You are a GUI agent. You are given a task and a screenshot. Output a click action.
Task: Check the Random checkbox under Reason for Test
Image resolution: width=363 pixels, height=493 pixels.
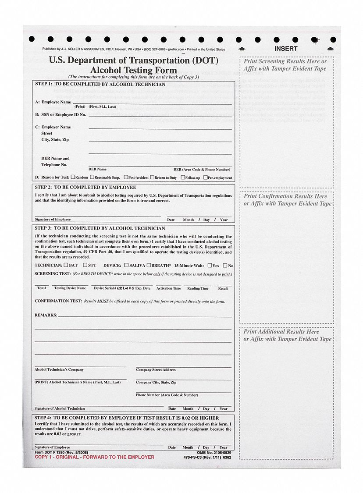(73, 177)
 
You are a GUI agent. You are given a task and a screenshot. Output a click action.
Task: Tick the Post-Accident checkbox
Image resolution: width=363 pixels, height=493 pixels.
(126, 177)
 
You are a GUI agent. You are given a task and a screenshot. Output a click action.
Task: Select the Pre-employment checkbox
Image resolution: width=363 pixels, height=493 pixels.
(206, 177)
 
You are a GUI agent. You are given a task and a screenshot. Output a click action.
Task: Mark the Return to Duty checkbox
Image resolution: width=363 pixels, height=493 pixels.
(152, 177)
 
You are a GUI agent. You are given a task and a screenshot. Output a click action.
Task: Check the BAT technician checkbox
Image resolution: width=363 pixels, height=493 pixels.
(66, 265)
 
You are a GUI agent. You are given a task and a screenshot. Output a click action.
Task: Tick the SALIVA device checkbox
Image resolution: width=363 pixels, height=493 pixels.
(126, 265)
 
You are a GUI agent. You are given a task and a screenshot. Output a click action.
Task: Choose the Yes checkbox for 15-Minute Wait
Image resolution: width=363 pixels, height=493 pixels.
(210, 265)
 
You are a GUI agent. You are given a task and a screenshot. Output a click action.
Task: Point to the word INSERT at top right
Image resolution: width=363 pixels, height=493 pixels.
(286, 49)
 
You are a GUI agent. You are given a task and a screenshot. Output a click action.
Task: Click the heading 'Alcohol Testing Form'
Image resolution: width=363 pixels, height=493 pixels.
(134, 70)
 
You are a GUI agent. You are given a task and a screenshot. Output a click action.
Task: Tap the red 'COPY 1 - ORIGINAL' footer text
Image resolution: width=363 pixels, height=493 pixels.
(94, 457)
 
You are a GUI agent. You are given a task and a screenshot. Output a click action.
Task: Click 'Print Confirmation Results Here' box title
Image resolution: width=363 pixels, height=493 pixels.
(285, 196)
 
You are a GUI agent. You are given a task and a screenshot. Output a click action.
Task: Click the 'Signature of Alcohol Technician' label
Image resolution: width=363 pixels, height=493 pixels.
(60, 408)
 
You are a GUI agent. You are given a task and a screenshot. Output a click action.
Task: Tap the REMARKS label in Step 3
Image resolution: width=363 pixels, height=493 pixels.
(46, 315)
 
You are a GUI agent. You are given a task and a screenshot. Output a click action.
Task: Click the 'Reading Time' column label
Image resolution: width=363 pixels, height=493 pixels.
(198, 288)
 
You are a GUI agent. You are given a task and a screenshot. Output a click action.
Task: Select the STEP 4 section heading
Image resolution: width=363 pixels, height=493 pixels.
(127, 418)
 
